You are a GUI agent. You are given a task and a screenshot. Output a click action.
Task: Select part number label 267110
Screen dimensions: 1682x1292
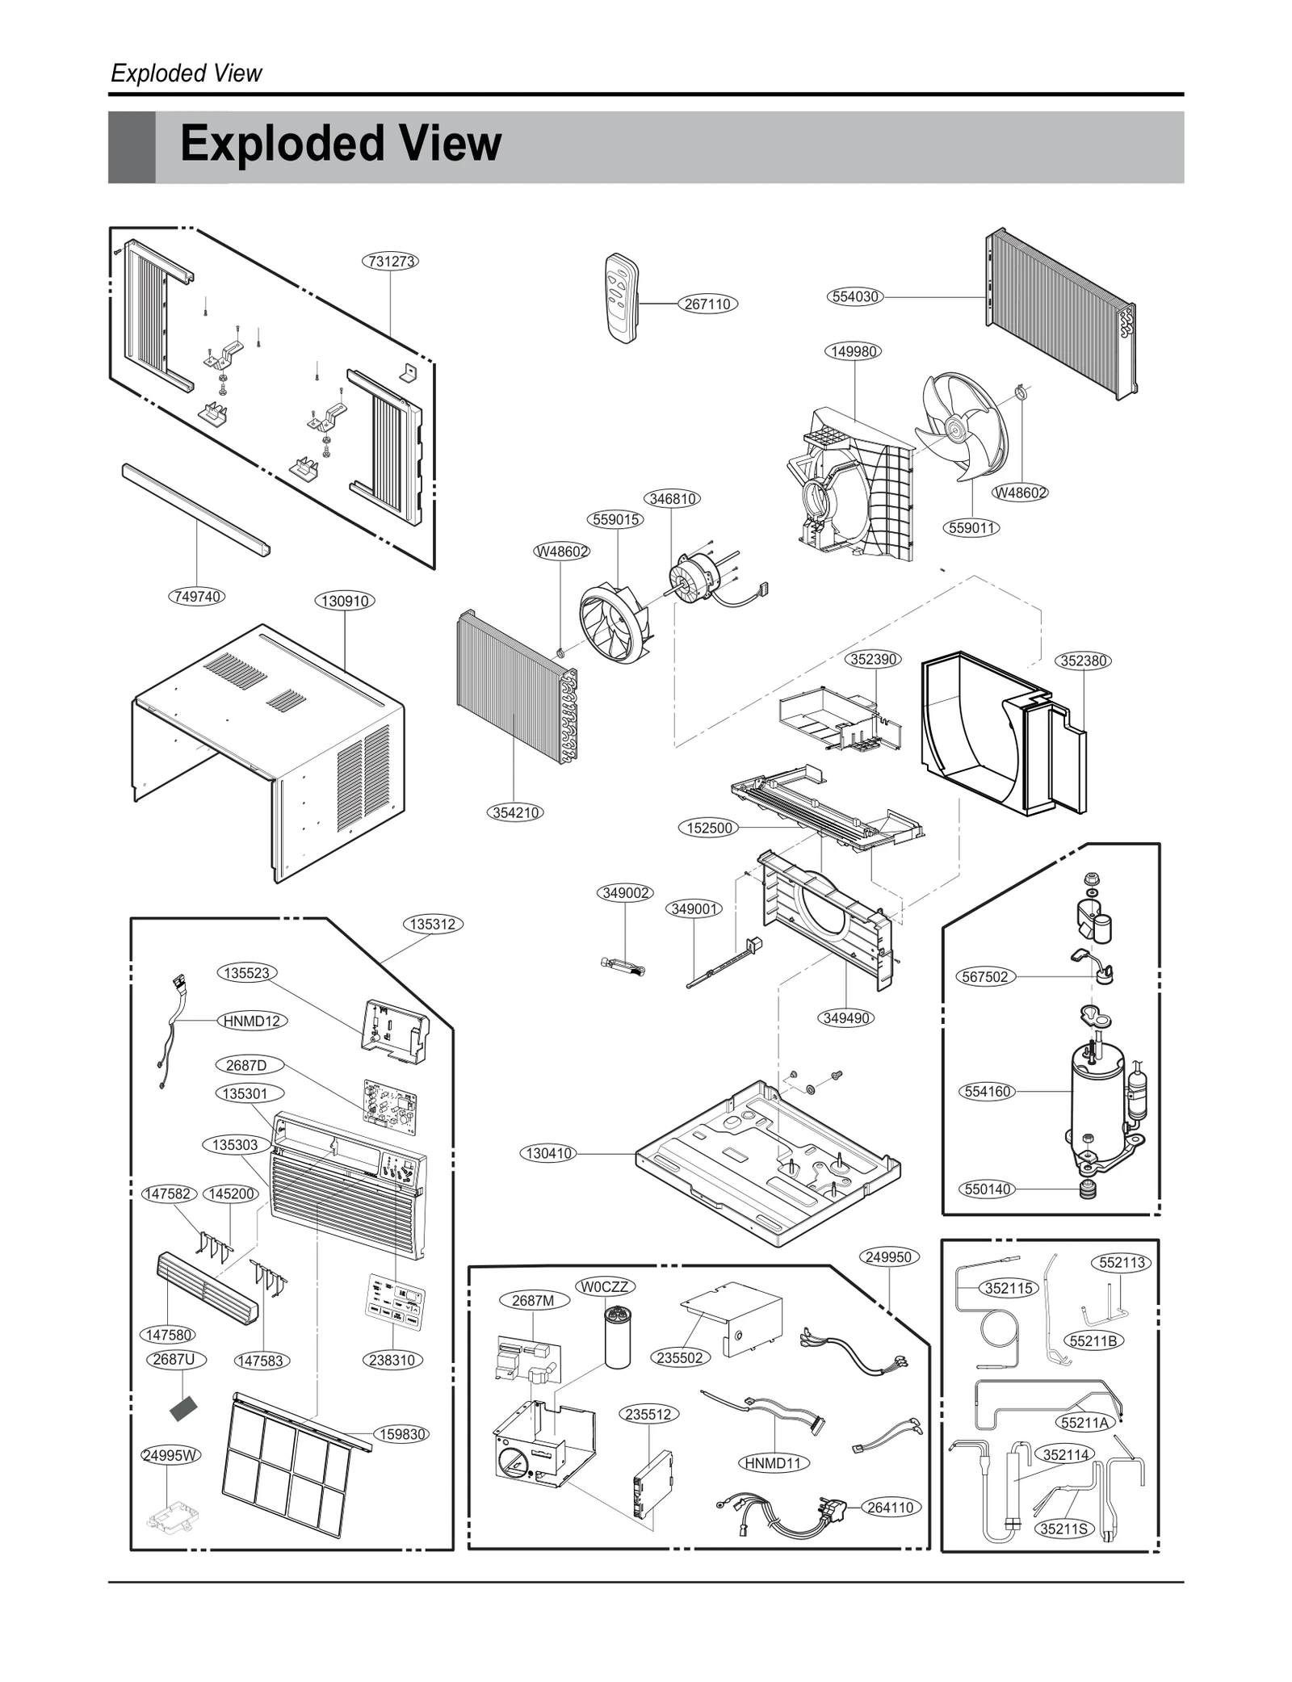pyautogui.click(x=707, y=304)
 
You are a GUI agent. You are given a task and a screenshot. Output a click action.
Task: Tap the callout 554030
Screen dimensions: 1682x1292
pyautogui.click(x=855, y=296)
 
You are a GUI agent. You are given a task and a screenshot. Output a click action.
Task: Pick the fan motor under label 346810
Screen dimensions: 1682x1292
pyautogui.click(x=692, y=575)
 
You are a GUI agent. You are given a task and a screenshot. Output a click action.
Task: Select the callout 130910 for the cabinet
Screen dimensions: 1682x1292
pyautogui.click(x=345, y=601)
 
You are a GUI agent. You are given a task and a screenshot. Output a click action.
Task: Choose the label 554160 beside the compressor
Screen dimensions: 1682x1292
pyautogui.click(x=988, y=1092)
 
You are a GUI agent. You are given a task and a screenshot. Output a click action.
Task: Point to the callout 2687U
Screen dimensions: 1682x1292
pyautogui.click(x=174, y=1359)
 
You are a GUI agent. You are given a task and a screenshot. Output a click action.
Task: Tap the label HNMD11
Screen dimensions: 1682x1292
pyautogui.click(x=774, y=1462)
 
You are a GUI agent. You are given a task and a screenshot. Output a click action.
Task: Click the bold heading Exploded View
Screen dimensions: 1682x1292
pyautogui.click(x=340, y=145)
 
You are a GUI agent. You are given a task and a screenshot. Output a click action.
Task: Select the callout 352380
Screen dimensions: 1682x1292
pyautogui.click(x=1083, y=661)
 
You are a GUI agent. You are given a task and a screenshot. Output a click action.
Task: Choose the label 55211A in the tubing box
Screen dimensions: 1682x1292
pyautogui.click(x=1085, y=1423)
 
